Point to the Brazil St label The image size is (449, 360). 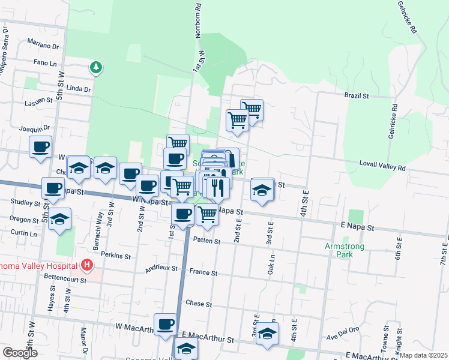point(355,95)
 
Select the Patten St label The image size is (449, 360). point(207,241)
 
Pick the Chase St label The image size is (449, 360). point(199,304)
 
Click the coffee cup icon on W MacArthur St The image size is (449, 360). point(166,325)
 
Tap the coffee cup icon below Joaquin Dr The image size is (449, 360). point(41,146)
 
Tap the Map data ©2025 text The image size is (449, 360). point(424,355)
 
